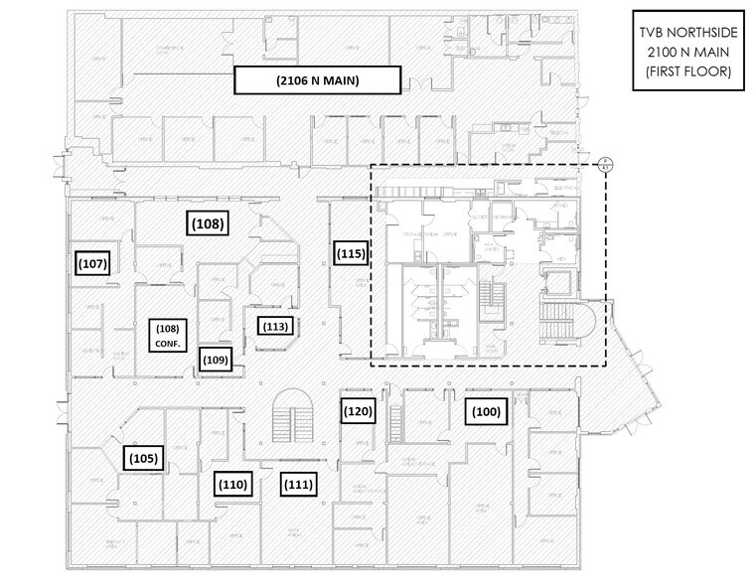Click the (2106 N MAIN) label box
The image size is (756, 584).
(317, 80)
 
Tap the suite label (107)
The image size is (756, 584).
(91, 264)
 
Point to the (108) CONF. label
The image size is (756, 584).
(167, 333)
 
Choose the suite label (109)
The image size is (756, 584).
(215, 359)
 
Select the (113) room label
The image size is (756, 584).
(274, 325)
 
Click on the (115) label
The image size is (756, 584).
(350, 253)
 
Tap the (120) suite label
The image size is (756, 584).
(358, 410)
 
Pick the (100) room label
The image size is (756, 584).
(486, 410)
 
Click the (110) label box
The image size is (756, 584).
(232, 484)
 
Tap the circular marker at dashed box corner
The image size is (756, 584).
(604, 167)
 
